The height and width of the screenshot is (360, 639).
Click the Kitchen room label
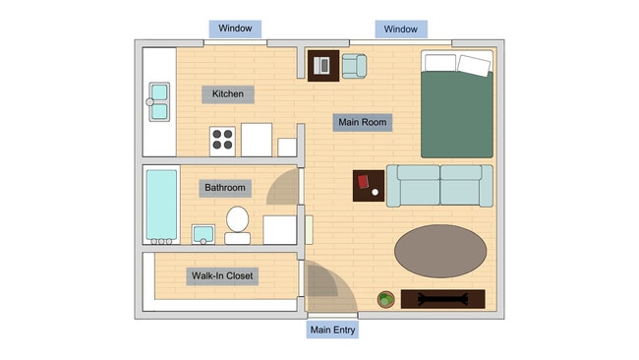coord(228,94)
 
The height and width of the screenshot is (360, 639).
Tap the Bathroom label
coord(225,188)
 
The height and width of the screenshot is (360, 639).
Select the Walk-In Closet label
coord(222,276)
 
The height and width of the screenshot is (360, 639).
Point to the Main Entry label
coord(332,330)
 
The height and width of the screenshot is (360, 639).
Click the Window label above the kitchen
coord(235,29)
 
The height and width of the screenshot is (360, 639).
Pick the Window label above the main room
coord(400,30)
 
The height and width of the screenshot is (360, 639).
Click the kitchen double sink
coord(159,102)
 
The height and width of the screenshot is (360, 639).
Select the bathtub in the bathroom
coord(161,206)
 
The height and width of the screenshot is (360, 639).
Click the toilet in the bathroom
coord(238,223)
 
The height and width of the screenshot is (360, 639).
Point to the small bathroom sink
coord(203,234)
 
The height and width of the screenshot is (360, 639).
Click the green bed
coord(456,104)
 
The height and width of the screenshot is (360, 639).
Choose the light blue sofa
coord(438,185)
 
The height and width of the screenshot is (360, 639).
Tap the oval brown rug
coord(439,251)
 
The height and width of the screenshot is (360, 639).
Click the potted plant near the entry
coord(386,299)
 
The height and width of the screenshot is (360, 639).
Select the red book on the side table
coord(364,182)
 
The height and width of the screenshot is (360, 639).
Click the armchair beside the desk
coord(354,66)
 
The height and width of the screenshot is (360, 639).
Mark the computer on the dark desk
coord(322,67)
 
